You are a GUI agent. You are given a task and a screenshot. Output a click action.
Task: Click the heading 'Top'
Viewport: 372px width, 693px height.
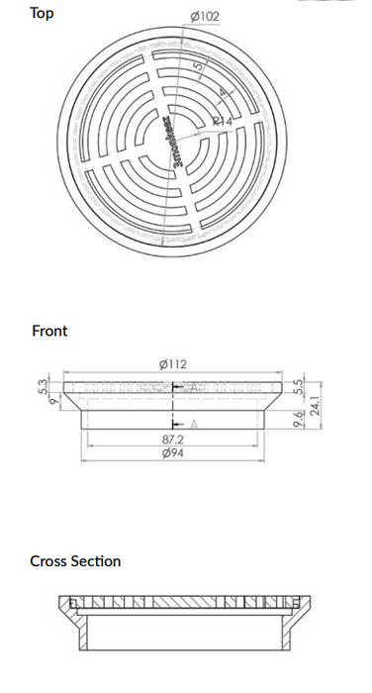click(42, 13)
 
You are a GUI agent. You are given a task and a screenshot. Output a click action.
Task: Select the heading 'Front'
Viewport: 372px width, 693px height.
click(49, 331)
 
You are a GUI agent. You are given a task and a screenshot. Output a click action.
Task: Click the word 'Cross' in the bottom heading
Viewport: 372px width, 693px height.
click(48, 561)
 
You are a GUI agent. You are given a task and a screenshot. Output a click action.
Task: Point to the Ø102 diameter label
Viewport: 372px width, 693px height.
click(203, 16)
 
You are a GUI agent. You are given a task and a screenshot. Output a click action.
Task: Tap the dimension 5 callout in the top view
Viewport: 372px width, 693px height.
click(201, 68)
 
